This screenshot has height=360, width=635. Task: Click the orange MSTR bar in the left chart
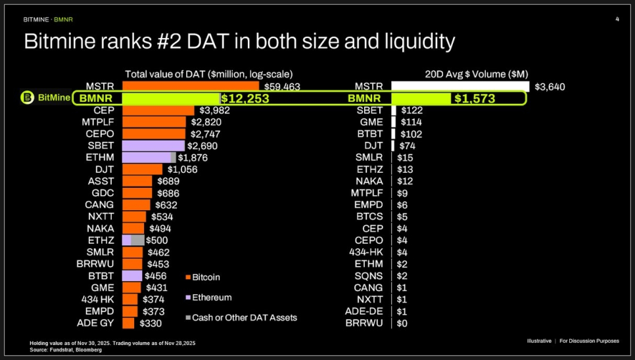coord(191,86)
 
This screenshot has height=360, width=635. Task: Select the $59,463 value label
coord(282,86)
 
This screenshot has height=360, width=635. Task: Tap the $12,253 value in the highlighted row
coord(245,99)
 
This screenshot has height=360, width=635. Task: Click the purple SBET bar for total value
coord(153,146)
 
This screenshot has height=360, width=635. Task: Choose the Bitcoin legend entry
coord(206,277)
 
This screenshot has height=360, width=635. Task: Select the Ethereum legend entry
coord(211,298)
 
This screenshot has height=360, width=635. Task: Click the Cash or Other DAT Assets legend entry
coord(244,317)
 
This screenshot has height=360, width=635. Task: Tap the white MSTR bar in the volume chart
coord(460,87)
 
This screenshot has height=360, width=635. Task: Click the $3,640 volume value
coord(550,87)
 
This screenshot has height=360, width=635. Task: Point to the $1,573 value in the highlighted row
coord(473,99)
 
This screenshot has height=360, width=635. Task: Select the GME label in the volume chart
coord(371,122)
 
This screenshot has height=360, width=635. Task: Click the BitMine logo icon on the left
coord(27,98)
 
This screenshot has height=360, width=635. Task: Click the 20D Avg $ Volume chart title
coord(477,74)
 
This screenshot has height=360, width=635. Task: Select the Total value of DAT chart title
coord(208,74)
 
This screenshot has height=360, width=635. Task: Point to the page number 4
coord(617,19)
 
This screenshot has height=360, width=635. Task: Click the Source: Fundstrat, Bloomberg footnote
coord(66,350)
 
